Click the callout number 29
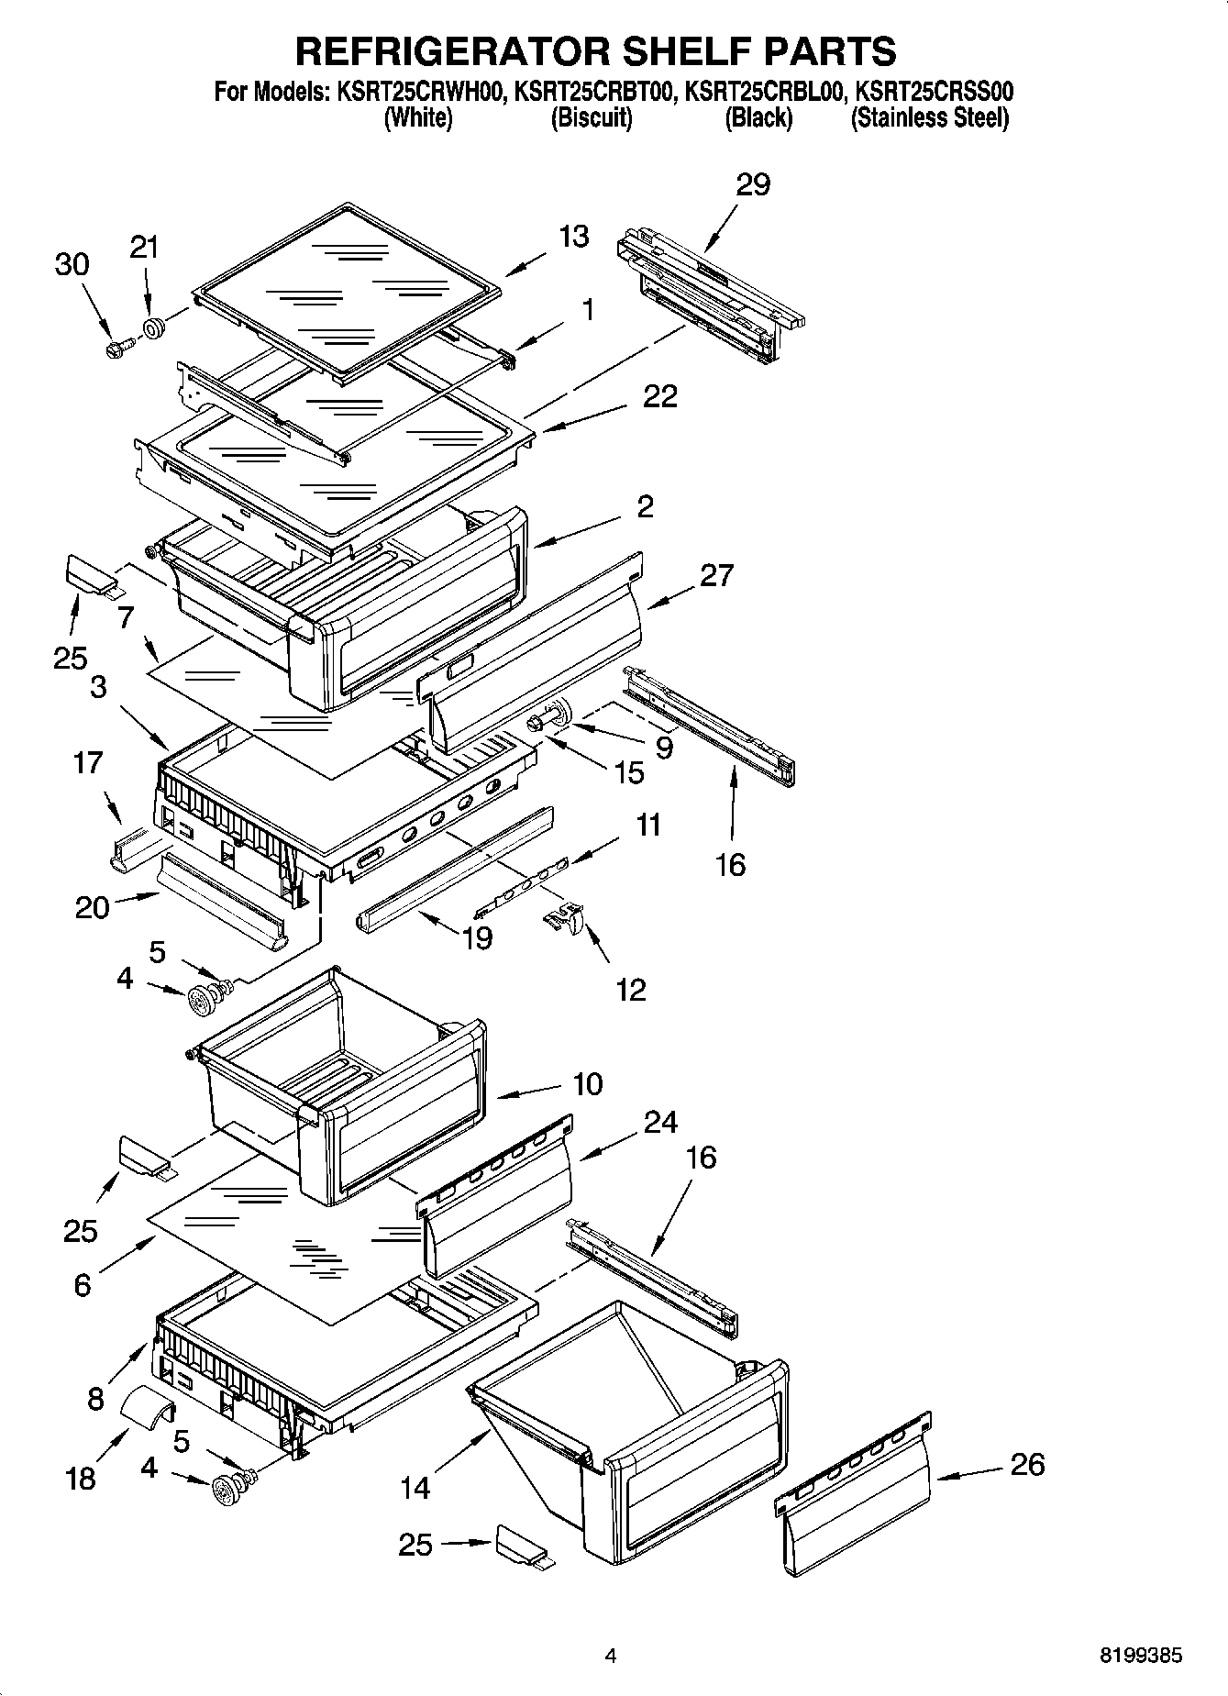click(x=753, y=184)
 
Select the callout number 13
click(x=574, y=236)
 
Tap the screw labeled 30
click(x=118, y=348)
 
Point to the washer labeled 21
click(x=153, y=327)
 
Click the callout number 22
click(x=660, y=396)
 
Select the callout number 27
click(x=716, y=575)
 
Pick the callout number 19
click(x=477, y=937)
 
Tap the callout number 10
click(x=587, y=1084)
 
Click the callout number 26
click(x=1026, y=1464)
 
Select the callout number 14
click(x=415, y=1487)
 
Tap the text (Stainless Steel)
click(x=929, y=118)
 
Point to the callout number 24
click(x=660, y=1122)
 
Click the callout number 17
click(x=88, y=762)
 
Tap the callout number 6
click(x=83, y=1285)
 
